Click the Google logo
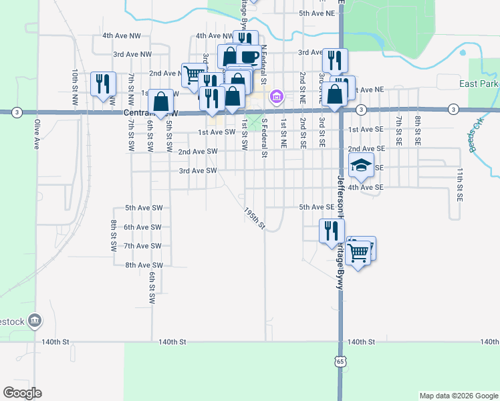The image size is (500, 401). point(22,393)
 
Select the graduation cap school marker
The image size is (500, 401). point(361,166)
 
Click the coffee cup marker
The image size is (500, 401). point(249,57)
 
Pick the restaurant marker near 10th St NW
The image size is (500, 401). point(103,84)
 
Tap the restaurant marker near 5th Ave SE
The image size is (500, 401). point(332,231)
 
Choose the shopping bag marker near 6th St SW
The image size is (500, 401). point(161,102)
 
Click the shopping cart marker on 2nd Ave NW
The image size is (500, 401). point(194,74)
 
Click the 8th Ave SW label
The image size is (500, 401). point(144,265)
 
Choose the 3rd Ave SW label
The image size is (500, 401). point(198,171)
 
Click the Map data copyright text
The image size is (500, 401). point(458,396)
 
